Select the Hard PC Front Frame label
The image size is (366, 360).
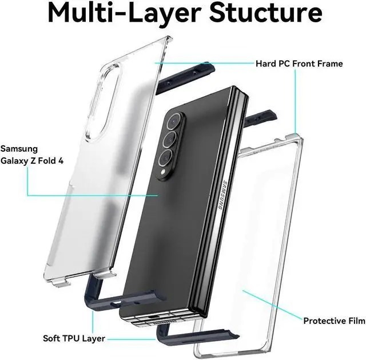(307, 64)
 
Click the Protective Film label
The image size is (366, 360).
(333, 321)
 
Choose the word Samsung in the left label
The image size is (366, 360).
(20, 149)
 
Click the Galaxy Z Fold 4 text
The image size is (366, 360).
(32, 161)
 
